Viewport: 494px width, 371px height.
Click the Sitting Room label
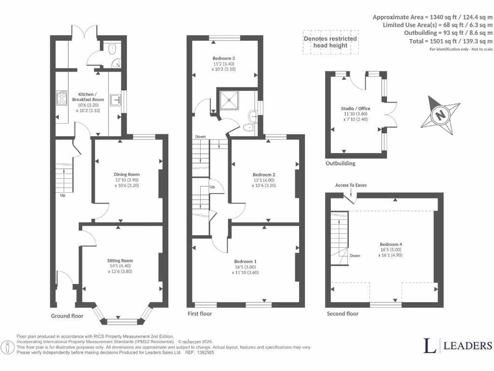tap(120, 260)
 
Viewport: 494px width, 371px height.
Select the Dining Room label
tap(126, 174)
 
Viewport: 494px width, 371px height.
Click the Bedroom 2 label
tap(264, 174)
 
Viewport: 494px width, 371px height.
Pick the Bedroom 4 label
tap(390, 244)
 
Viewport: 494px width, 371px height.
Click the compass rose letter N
tap(439, 116)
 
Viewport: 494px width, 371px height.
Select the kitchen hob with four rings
tap(63, 98)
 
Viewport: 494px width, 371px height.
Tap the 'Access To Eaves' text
tap(351, 185)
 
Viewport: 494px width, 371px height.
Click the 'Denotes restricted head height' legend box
tap(330, 42)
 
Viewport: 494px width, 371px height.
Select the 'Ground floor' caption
tap(67, 316)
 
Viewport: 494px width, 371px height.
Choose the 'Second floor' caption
tap(343, 314)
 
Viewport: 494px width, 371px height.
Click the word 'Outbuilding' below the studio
tap(340, 163)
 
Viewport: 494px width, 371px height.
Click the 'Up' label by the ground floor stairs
tap(63, 196)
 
